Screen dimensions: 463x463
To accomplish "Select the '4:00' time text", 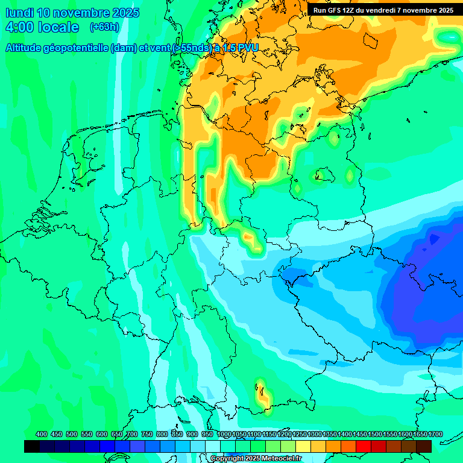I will [20, 27].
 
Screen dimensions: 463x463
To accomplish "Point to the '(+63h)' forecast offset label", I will [104, 27].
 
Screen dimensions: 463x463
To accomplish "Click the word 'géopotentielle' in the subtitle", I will [79, 48].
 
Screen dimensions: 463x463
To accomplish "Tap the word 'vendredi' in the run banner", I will [380, 10].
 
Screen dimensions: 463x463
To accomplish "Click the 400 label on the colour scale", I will [42, 434].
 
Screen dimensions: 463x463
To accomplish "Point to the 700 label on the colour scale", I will [132, 434].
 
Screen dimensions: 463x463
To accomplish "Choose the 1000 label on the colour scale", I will [224, 434].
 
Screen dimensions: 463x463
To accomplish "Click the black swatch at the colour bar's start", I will [32, 446].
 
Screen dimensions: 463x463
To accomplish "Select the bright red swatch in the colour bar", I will [364, 446].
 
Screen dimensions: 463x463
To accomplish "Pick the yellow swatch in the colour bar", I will [303, 446].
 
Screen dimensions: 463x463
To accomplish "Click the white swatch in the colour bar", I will [213, 446].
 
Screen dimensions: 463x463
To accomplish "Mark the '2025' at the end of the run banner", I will [446, 10].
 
